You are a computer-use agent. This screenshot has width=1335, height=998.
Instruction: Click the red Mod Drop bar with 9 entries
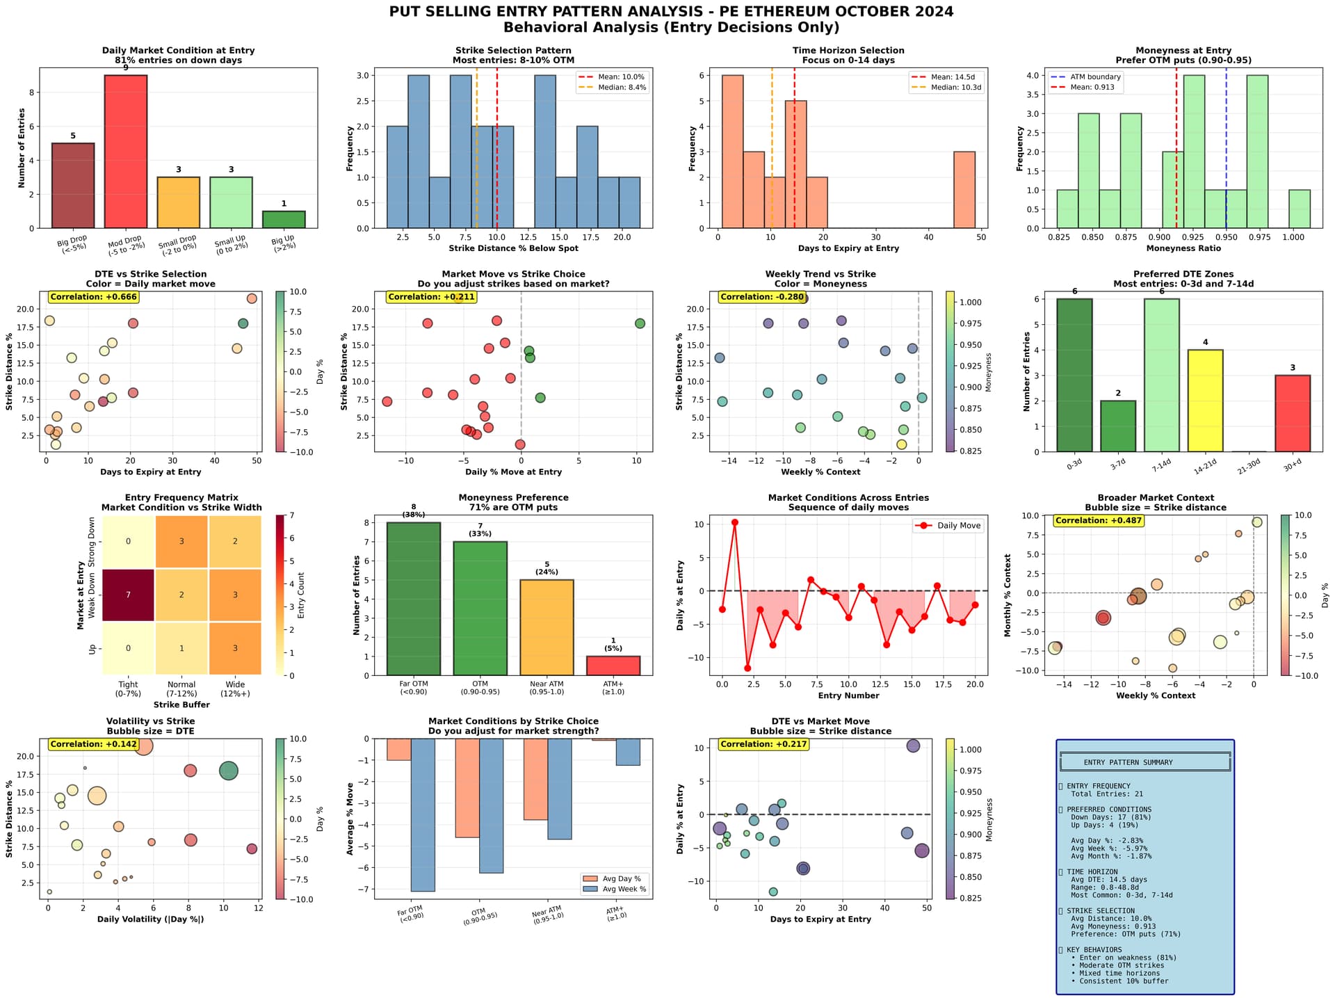click(x=125, y=152)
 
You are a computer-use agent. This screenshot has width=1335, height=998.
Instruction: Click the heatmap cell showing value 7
click(x=128, y=595)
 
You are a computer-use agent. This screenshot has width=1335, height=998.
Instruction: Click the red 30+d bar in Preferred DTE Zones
click(x=1293, y=413)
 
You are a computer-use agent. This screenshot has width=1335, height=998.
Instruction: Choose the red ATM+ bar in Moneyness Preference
click(x=613, y=666)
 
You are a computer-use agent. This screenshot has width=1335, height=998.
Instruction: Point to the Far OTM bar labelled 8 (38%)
click(x=414, y=599)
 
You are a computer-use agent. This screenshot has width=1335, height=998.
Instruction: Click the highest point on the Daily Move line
click(x=735, y=522)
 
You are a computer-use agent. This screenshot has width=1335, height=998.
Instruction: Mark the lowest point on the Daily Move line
click(x=747, y=668)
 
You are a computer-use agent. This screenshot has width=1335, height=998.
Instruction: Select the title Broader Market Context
click(x=1156, y=498)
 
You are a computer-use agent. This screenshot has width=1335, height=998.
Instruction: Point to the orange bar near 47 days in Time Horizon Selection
click(x=964, y=190)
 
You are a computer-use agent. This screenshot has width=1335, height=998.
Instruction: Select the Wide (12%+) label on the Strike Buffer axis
click(x=235, y=689)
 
